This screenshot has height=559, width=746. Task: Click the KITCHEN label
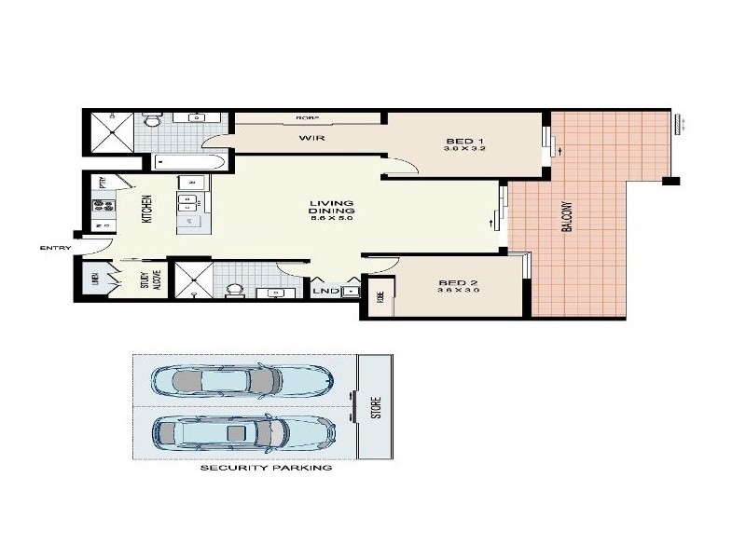(x=146, y=208)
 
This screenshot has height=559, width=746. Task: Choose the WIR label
(x=311, y=138)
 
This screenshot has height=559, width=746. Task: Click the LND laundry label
(x=325, y=292)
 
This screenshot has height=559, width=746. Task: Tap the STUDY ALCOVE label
(x=149, y=280)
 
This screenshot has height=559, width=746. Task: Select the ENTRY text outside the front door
(x=55, y=248)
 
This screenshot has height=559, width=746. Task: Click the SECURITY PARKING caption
(x=266, y=468)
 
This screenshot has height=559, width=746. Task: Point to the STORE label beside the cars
(x=377, y=407)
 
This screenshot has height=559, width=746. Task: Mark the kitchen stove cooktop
(x=102, y=206)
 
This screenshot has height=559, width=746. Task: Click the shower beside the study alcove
(x=194, y=277)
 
